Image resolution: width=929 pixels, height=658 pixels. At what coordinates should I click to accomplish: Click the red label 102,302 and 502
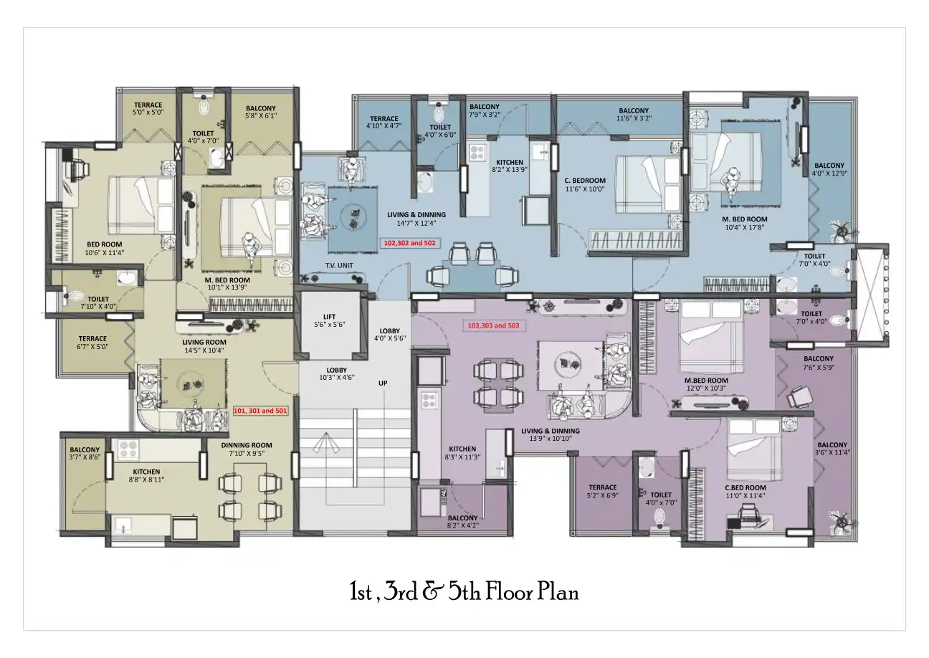pyautogui.click(x=409, y=243)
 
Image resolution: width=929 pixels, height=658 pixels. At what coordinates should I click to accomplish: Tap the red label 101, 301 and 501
pyautogui.click(x=260, y=411)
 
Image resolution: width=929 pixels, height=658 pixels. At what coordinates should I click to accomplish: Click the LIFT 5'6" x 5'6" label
pyautogui.click(x=329, y=320)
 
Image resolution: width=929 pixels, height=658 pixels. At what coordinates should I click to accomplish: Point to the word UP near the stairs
pyautogui.click(x=383, y=383)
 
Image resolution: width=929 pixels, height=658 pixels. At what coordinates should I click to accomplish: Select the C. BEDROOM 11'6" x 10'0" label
pyautogui.click(x=585, y=185)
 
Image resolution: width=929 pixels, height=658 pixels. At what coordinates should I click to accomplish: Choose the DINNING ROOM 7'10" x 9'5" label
pyautogui.click(x=246, y=449)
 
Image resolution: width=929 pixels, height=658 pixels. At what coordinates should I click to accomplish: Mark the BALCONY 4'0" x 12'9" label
pyautogui.click(x=829, y=169)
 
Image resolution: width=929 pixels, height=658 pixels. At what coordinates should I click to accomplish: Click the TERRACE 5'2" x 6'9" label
pyautogui.click(x=602, y=491)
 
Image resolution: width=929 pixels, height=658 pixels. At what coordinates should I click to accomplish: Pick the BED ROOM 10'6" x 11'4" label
pyautogui.click(x=104, y=248)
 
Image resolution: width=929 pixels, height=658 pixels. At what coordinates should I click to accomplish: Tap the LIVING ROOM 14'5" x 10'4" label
pyautogui.click(x=204, y=346)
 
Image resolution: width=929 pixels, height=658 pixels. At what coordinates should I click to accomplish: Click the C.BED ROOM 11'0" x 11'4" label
pyautogui.click(x=745, y=490)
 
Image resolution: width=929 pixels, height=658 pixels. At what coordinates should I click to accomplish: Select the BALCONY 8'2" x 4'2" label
pyautogui.click(x=462, y=521)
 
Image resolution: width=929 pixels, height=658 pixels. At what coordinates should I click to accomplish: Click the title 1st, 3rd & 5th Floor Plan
pyautogui.click(x=464, y=592)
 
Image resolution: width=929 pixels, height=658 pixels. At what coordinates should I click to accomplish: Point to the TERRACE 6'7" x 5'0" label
pyautogui.click(x=92, y=342)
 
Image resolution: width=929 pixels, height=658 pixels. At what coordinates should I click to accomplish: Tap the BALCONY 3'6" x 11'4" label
pyautogui.click(x=832, y=449)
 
